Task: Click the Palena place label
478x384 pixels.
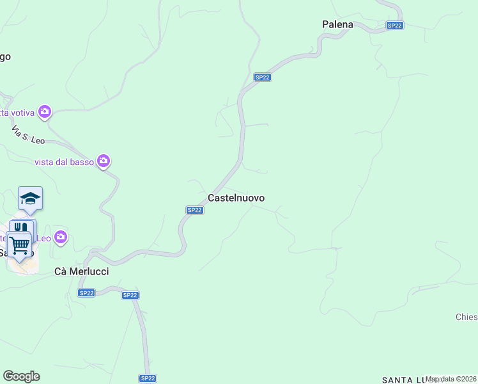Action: click(x=337, y=24)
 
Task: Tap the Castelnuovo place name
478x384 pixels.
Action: click(x=236, y=198)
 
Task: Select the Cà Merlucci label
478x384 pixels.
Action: click(x=81, y=271)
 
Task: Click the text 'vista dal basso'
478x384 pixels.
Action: click(x=64, y=162)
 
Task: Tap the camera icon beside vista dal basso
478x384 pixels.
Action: click(x=104, y=161)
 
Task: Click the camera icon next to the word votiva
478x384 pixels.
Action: click(x=45, y=113)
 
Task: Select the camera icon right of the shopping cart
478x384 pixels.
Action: click(x=61, y=238)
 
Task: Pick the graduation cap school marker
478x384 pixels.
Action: click(x=30, y=199)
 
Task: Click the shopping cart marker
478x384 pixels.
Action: click(x=20, y=244)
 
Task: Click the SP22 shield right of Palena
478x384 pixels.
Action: click(x=395, y=26)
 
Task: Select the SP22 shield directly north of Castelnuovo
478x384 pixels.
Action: click(x=263, y=77)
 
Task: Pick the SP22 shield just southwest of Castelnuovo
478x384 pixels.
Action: click(x=195, y=210)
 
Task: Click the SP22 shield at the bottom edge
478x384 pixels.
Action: click(x=148, y=378)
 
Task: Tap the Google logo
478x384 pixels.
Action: click(x=21, y=376)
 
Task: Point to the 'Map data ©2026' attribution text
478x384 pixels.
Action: click(x=451, y=379)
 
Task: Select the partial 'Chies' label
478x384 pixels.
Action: click(x=466, y=317)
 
